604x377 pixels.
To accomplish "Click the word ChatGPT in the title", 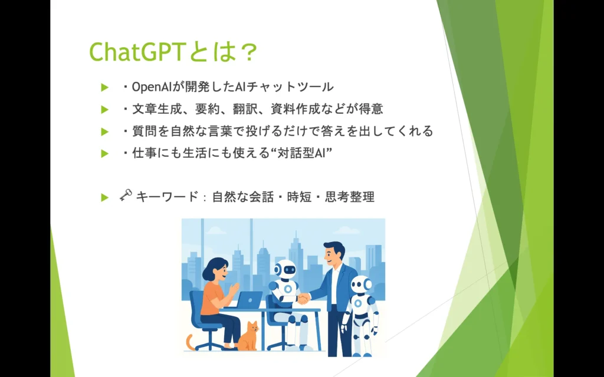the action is tap(138, 52).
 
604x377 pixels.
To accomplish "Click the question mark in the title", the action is tap(247, 52).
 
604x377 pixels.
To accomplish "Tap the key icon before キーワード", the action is tap(126, 195).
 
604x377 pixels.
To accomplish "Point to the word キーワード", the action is tap(167, 197).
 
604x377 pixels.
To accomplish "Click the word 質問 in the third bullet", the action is tap(145, 131).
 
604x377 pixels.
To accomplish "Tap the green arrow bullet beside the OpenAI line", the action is tap(105, 88).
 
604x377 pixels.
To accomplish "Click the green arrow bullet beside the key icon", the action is tap(105, 198).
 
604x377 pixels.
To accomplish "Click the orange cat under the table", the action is tap(248, 336).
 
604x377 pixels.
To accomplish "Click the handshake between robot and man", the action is tap(304, 298).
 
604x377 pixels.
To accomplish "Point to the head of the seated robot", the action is tap(285, 269).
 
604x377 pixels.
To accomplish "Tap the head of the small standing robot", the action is tap(362, 285).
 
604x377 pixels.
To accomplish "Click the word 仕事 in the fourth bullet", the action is tap(145, 154).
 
